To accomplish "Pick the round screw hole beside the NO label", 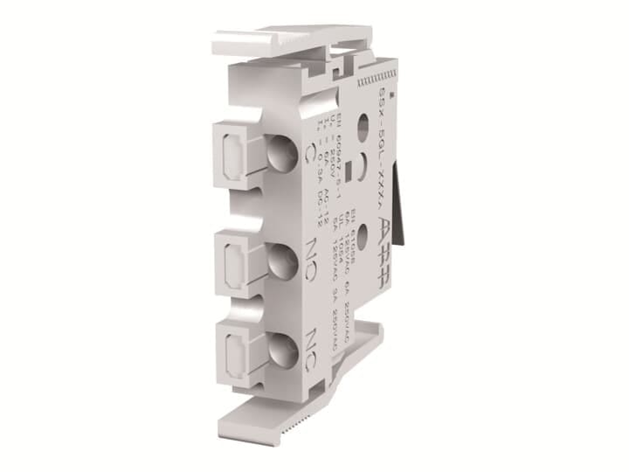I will click(x=281, y=259).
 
